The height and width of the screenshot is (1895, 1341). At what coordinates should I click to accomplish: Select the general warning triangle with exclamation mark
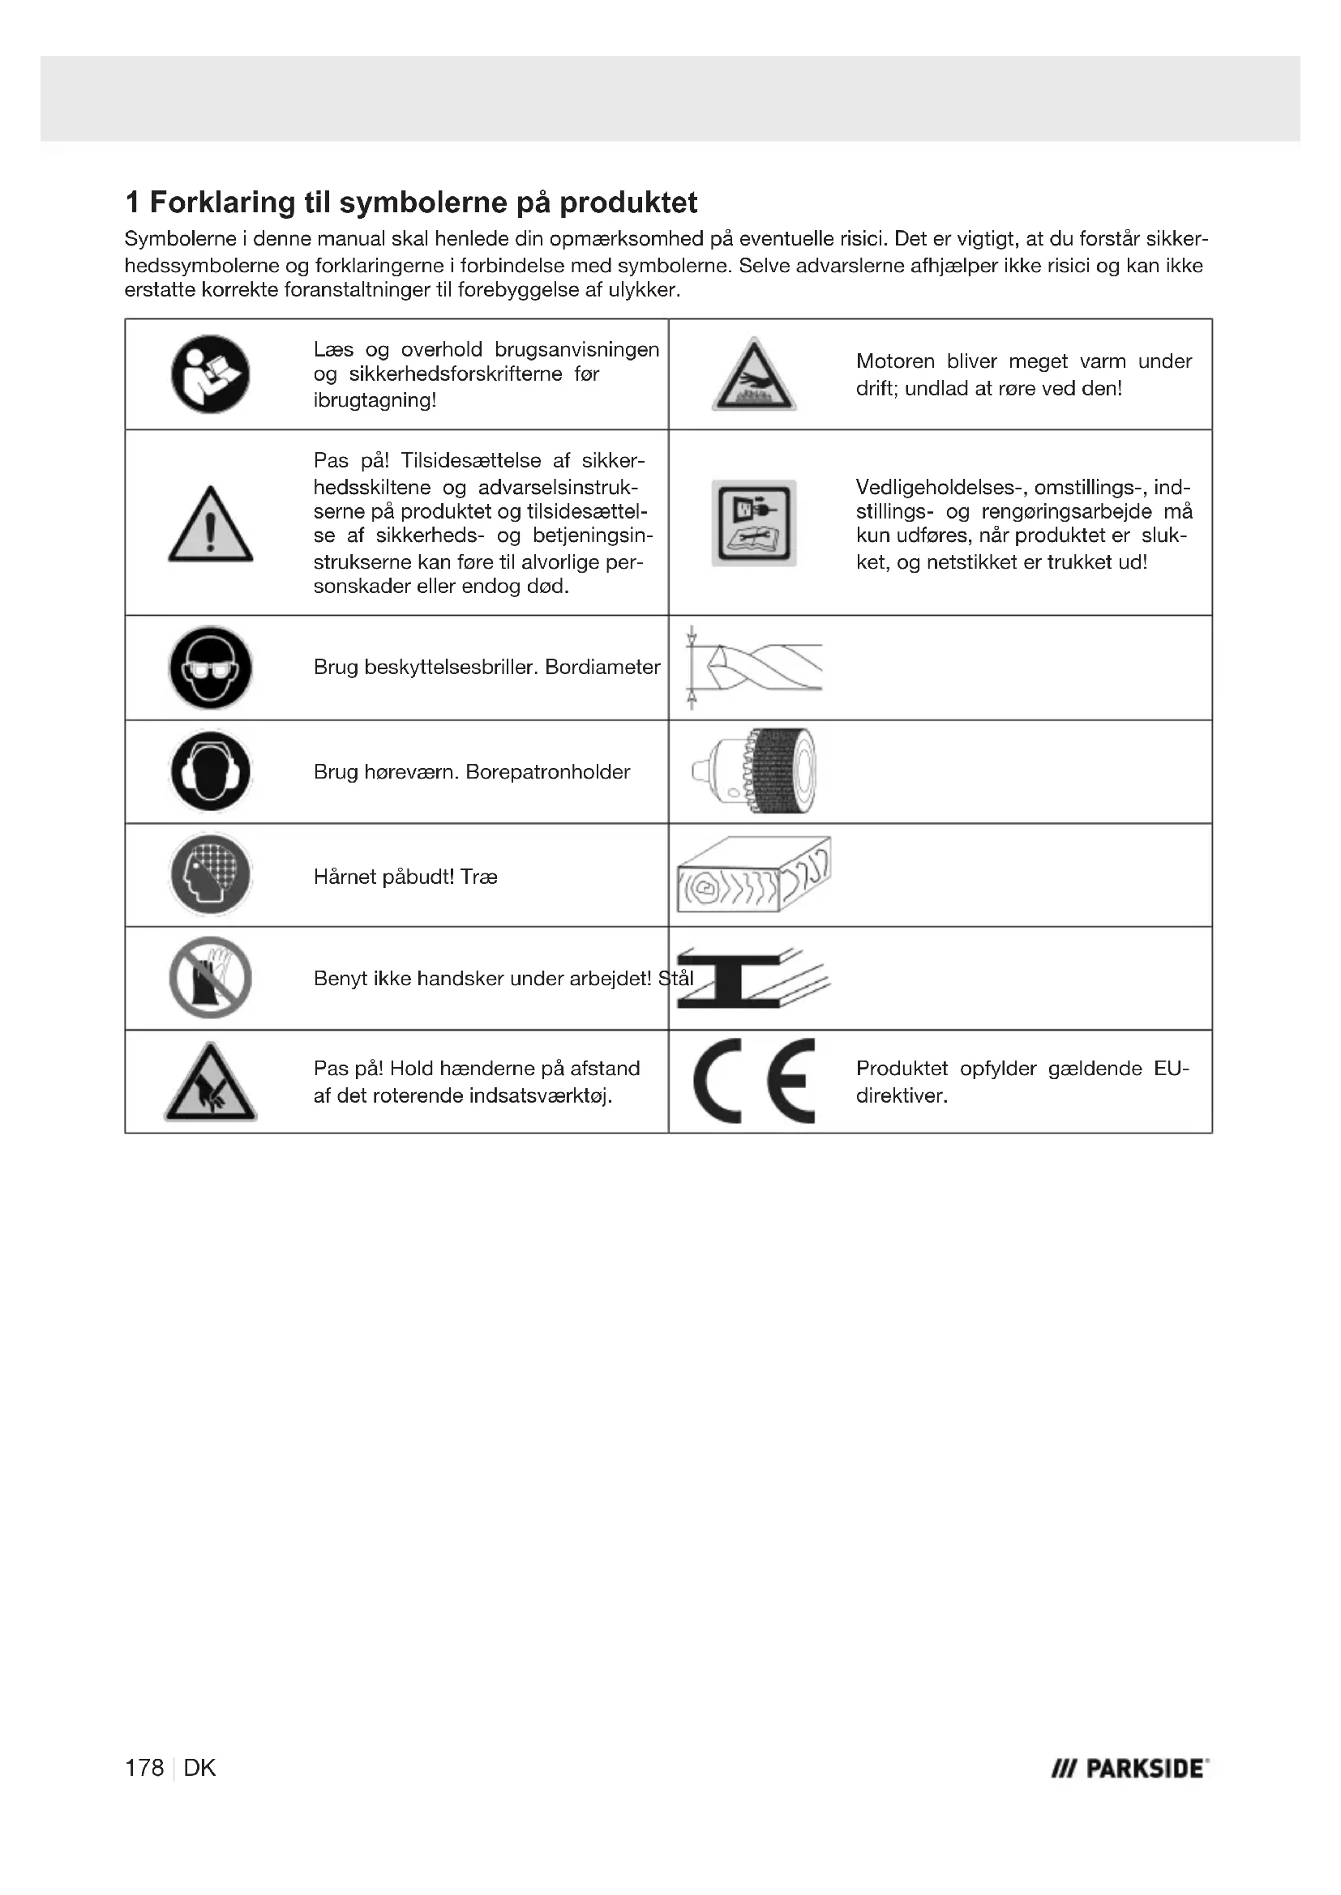(211, 525)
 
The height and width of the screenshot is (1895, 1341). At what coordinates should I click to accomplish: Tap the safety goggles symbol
(211, 668)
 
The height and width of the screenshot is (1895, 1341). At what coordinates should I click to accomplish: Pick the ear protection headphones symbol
(211, 772)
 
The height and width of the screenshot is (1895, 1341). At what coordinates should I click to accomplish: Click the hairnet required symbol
(211, 875)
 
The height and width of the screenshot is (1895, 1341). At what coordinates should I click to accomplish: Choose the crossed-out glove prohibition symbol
(211, 978)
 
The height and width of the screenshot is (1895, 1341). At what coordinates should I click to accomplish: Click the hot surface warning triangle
(753, 376)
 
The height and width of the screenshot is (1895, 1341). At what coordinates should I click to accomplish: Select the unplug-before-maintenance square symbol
(754, 523)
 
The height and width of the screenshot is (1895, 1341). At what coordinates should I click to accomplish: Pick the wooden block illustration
(753, 875)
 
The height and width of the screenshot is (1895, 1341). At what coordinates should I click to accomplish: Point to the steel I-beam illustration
(753, 978)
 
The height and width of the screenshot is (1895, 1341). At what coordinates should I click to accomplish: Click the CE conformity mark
(754, 1082)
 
